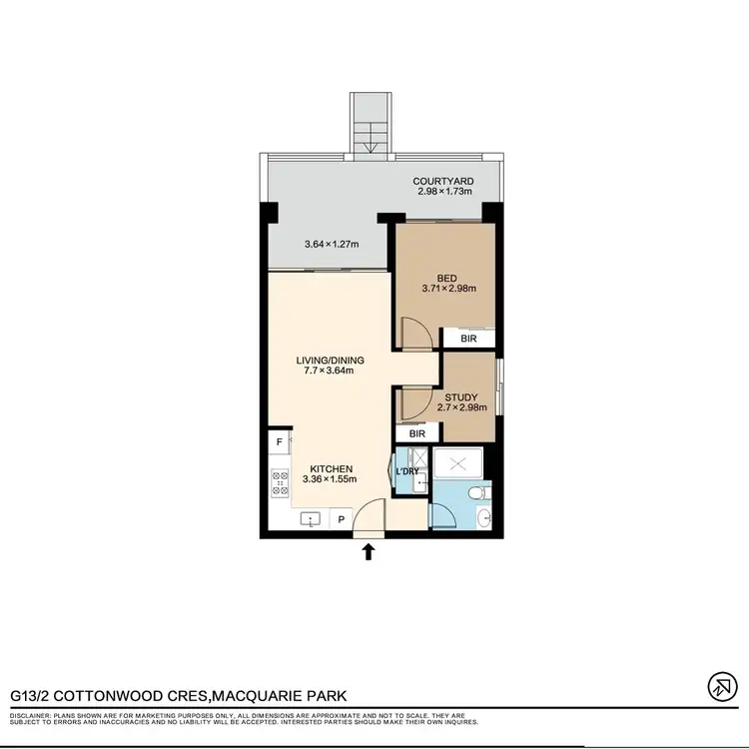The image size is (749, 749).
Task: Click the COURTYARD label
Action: (443, 182)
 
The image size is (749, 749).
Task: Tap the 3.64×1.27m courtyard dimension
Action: (332, 244)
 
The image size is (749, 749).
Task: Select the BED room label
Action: (446, 279)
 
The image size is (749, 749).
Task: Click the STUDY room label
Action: (460, 396)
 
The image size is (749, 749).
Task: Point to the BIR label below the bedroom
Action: (468, 340)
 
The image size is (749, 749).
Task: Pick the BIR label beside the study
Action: (417, 434)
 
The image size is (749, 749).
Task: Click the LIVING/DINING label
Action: (330, 361)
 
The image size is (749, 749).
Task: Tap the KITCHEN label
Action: (330, 467)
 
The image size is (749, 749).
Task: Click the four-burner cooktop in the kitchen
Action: (279, 484)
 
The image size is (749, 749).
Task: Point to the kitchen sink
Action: (312, 520)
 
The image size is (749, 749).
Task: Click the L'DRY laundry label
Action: (406, 471)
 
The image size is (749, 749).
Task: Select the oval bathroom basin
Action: (484, 517)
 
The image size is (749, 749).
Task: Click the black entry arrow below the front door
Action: (369, 550)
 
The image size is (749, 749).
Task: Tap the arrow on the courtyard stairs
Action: (371, 148)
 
